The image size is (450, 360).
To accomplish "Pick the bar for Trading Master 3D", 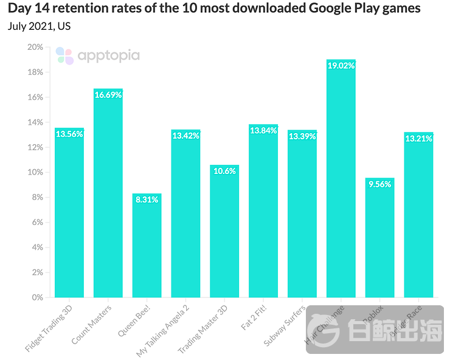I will coord(224,231).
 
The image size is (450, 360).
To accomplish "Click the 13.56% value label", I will coord(69,134).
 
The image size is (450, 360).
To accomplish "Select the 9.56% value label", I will coord(380,184).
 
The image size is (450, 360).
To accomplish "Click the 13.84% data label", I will coord(263,130).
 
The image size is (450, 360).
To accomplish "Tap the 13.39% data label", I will coord(302,136).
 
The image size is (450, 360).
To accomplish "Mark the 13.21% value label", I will coord(418,138).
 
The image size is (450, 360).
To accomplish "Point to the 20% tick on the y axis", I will coord(35,47).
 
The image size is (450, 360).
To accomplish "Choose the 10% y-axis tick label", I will coord(35,173).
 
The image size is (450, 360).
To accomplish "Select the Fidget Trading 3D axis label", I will coord(50,328).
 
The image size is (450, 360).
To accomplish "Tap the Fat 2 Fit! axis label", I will coord(254,318).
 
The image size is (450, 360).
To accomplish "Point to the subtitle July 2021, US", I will coord(39,26).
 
